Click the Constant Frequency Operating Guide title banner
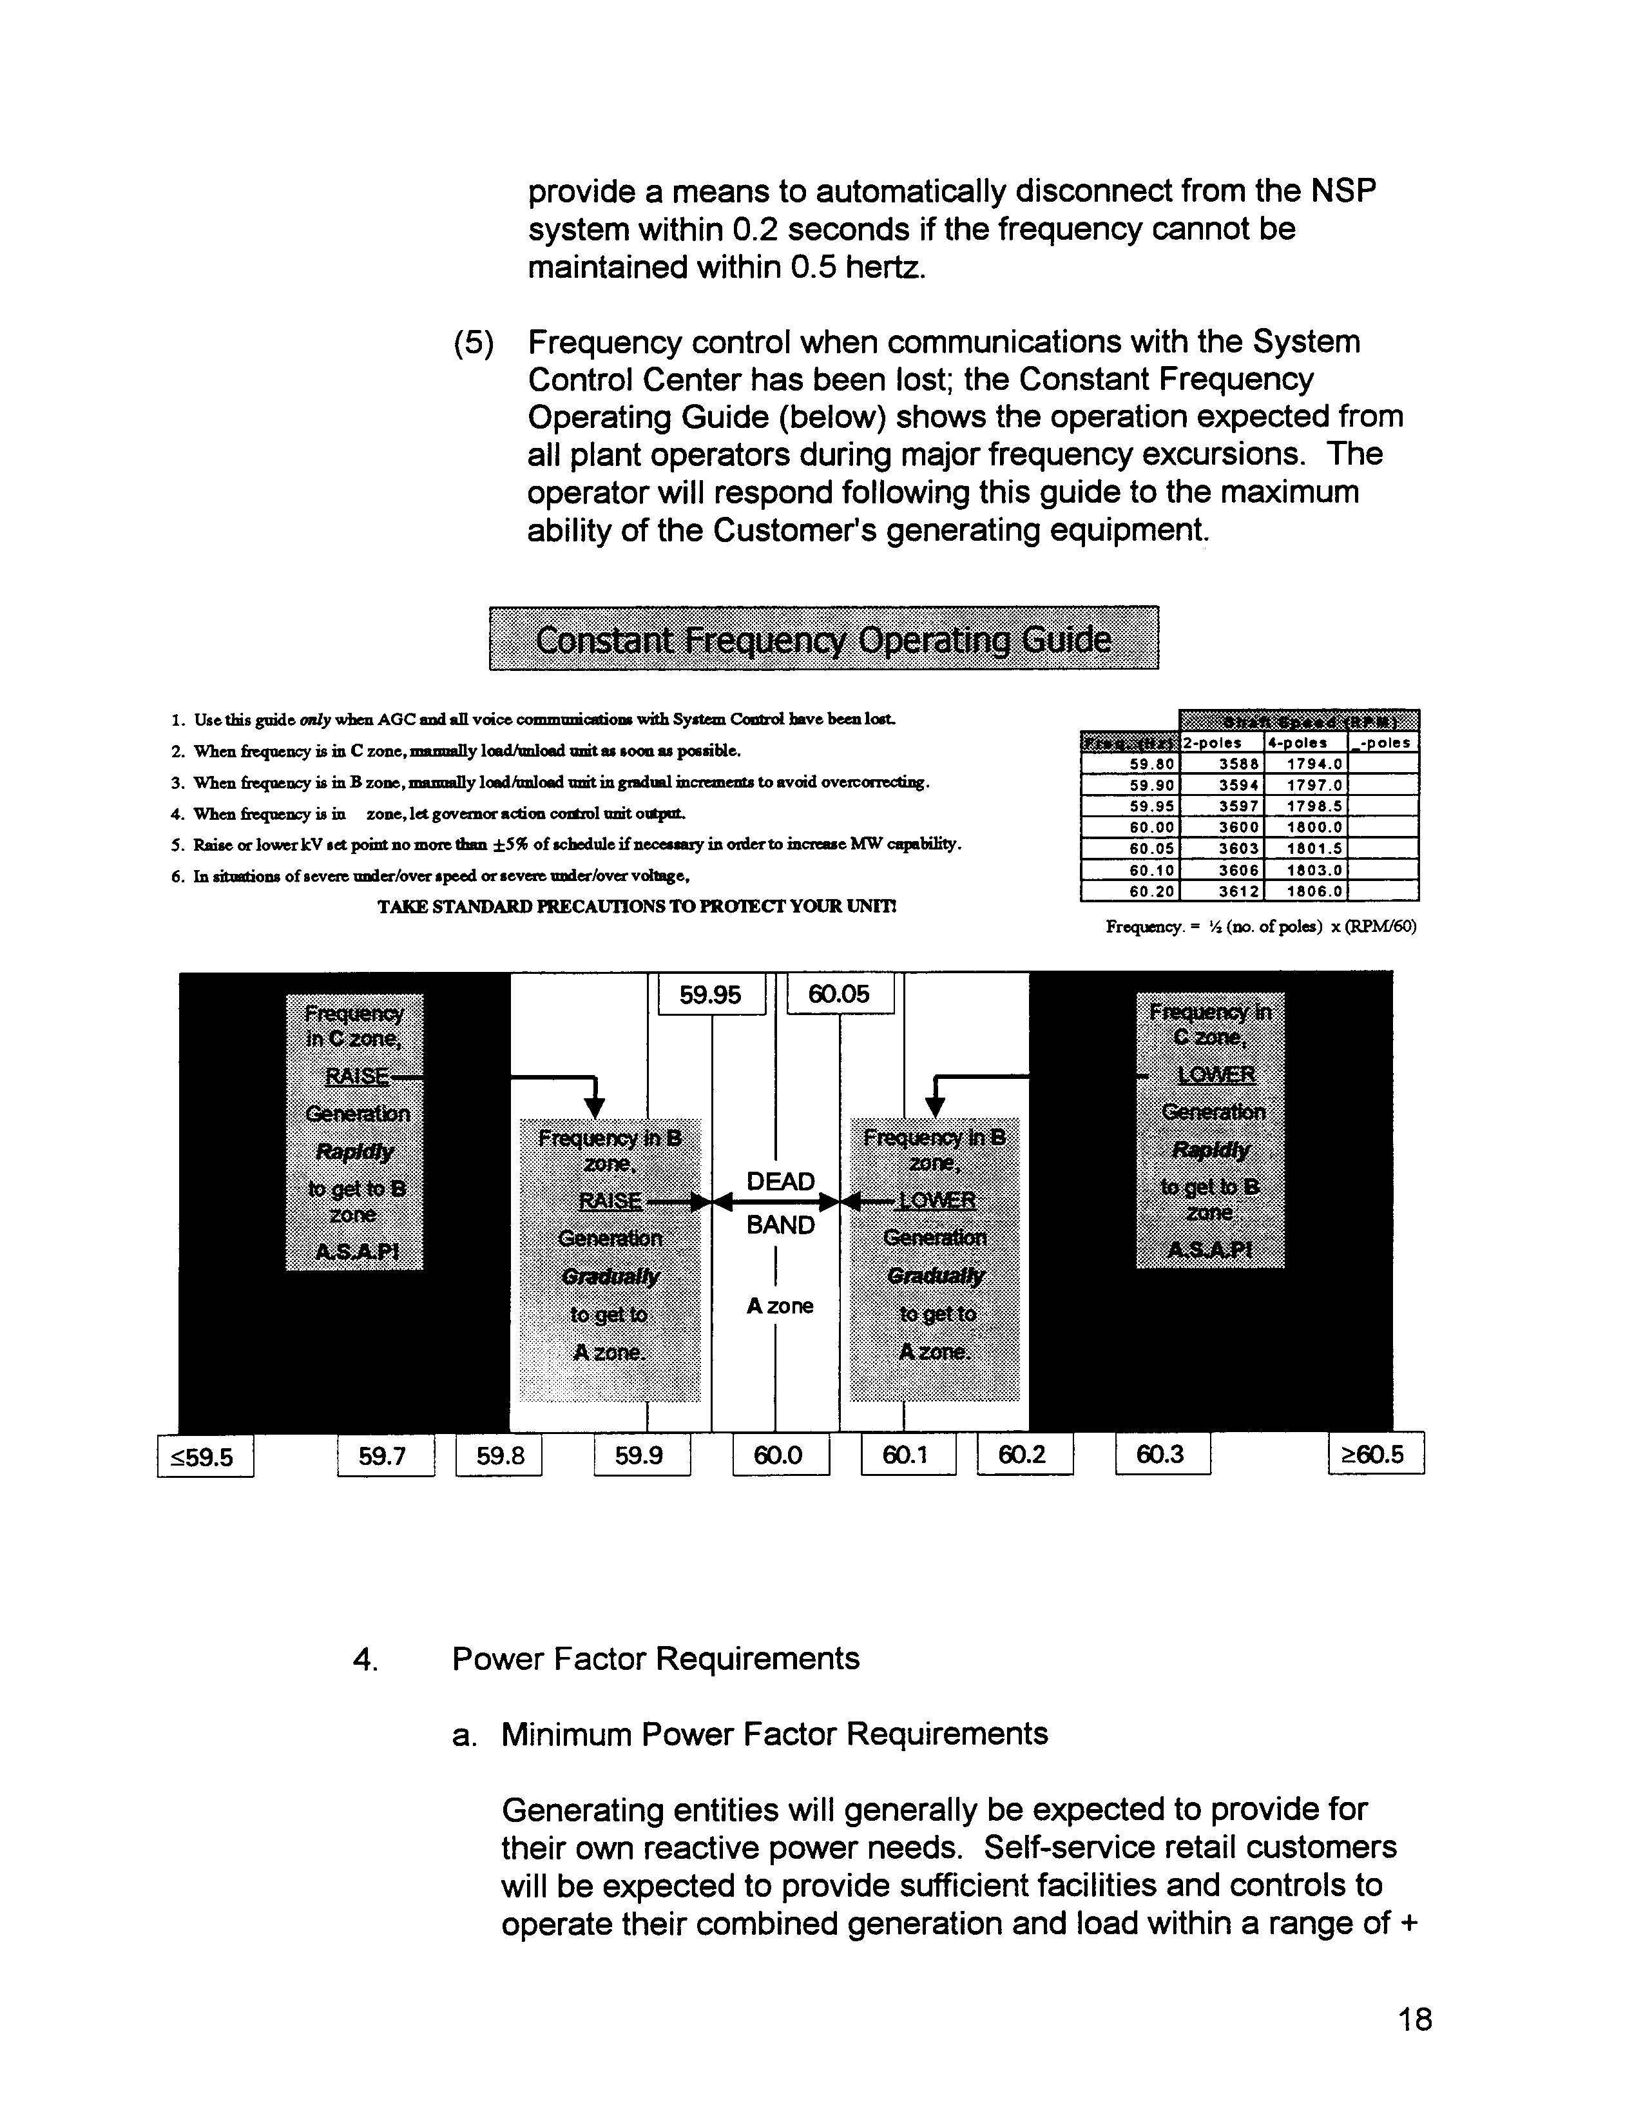tap(823, 639)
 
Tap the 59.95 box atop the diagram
tap(711, 994)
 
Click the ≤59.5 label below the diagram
tap(205, 1456)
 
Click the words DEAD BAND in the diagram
tap(780, 1203)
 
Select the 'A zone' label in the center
tap(780, 1306)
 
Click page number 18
tap(1414, 2020)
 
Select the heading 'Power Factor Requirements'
tap(655, 1658)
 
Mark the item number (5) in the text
tap(474, 343)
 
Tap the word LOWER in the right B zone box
tap(936, 1201)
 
